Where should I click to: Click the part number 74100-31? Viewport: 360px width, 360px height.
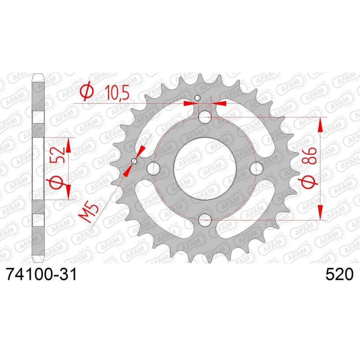pyautogui.click(x=42, y=274)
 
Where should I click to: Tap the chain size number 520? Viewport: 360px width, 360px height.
pyautogui.click(x=339, y=274)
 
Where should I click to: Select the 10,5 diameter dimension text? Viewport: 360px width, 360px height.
pyautogui.click(x=117, y=92)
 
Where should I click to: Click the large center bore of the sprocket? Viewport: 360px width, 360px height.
pyautogui.click(x=204, y=168)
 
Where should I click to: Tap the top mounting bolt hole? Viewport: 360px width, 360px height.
pyautogui.click(x=205, y=117)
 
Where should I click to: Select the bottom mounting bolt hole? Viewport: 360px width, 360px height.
pyautogui.click(x=205, y=220)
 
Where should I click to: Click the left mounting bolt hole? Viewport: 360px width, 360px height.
pyautogui.click(x=153, y=168)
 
